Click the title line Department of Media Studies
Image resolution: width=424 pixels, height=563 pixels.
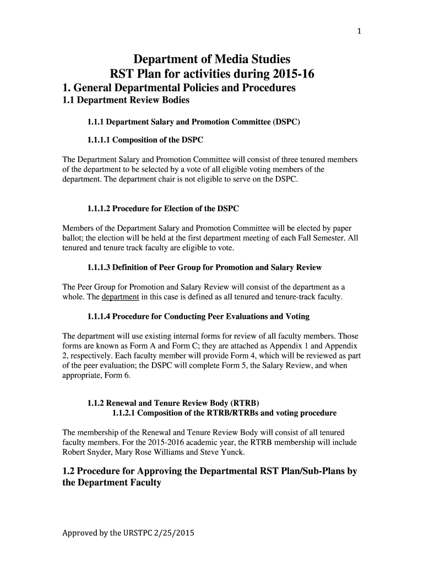coord(212,59)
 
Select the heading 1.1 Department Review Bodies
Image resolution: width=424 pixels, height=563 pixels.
coord(126,100)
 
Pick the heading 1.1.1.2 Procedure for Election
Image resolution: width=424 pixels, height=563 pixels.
coord(163,209)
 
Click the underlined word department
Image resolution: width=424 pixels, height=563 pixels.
coord(121,297)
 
